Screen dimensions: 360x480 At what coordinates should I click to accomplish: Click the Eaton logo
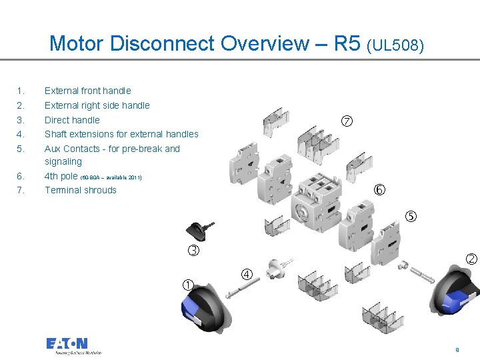[x=67, y=345]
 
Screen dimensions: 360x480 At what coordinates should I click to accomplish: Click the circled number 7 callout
[x=347, y=121]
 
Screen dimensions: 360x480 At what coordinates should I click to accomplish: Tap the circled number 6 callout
[x=379, y=190]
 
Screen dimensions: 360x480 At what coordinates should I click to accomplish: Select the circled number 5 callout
[x=411, y=216]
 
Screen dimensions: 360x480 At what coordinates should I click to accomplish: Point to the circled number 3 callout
[x=193, y=251]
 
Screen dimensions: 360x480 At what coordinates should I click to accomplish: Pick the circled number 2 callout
[x=471, y=259]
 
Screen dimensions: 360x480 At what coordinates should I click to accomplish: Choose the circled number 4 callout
[x=247, y=274]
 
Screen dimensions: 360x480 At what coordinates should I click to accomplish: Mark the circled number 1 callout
[x=188, y=285]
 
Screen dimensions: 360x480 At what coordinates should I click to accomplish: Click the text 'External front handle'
[x=87, y=91]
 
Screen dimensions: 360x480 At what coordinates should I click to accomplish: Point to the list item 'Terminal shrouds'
[x=80, y=190]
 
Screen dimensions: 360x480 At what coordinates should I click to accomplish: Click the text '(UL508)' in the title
[x=395, y=45]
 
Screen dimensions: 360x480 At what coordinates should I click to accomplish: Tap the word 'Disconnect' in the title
[x=163, y=44]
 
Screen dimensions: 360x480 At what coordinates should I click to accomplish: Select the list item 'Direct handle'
[x=72, y=120]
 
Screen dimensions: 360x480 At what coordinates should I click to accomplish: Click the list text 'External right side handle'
[x=97, y=105]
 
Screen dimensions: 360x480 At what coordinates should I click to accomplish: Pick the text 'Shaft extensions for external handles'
[x=121, y=134]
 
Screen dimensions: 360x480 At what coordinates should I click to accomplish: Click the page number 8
[x=457, y=349]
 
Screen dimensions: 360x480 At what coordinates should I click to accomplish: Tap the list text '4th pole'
[x=61, y=176]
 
